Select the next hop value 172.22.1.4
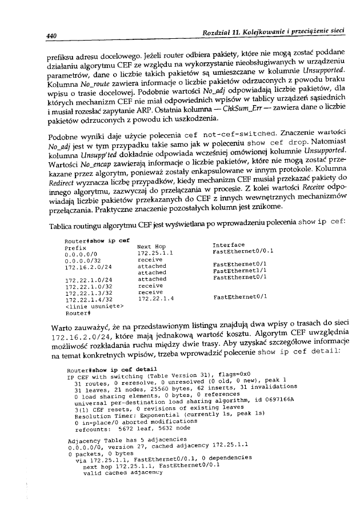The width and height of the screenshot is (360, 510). [155, 297]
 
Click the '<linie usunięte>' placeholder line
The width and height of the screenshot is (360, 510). [87, 303]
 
